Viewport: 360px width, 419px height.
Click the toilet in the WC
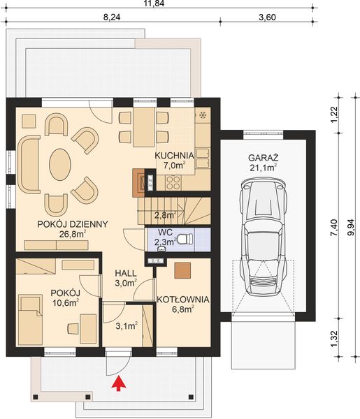(x=184, y=240)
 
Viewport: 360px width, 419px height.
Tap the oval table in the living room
(x=59, y=166)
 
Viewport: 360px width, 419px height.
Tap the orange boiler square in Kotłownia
(x=183, y=270)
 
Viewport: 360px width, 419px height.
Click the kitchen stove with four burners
(x=173, y=182)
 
